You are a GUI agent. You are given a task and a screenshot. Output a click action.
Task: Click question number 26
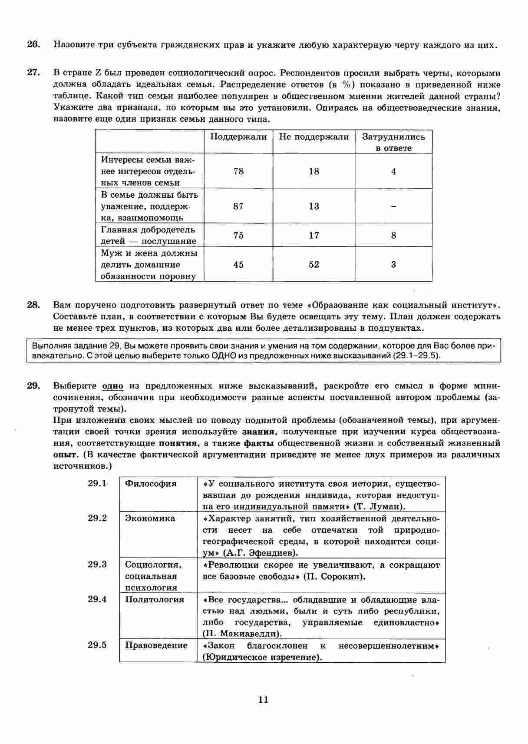point(33,44)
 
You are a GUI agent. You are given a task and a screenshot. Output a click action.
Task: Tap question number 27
point(33,73)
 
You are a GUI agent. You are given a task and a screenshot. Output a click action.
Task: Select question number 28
point(33,305)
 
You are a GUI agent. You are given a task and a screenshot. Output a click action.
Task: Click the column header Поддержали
point(238,137)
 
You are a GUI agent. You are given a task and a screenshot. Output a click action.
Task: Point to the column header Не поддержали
point(313,137)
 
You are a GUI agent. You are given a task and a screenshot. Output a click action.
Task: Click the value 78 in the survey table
point(238,171)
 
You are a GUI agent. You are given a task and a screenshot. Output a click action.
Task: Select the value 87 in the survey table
point(238,206)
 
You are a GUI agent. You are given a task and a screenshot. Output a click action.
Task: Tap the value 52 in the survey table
point(314,265)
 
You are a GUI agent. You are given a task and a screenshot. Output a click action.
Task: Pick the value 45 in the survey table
point(238,265)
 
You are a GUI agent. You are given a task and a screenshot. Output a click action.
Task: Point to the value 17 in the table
point(314,236)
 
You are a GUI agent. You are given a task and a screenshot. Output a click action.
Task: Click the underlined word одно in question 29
point(112,386)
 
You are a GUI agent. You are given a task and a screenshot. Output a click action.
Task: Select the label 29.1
point(97,484)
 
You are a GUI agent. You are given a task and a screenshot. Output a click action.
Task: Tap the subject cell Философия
point(151,484)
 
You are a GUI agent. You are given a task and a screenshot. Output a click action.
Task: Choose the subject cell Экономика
point(150,518)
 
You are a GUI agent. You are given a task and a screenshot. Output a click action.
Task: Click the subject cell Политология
point(155,600)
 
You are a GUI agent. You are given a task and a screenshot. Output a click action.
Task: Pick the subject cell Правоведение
point(156,645)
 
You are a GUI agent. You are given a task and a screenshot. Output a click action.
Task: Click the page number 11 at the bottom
point(263,700)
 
